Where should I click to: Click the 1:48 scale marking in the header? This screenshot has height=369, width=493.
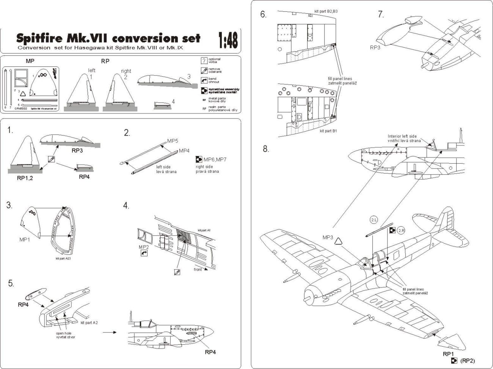pyautogui.click(x=228, y=39)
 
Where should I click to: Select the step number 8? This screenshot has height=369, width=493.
pyautogui.click(x=265, y=148)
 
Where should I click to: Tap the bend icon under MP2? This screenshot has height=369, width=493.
pyautogui.click(x=144, y=254)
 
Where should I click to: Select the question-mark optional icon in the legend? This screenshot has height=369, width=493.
pyautogui.click(x=204, y=61)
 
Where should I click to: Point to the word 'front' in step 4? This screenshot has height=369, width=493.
pyautogui.click(x=198, y=269)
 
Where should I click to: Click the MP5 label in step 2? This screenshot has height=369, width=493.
pyautogui.click(x=173, y=141)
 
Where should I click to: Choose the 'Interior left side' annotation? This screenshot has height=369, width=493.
pyautogui.click(x=404, y=136)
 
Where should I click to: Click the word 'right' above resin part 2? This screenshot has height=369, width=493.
pyautogui.click(x=126, y=71)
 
